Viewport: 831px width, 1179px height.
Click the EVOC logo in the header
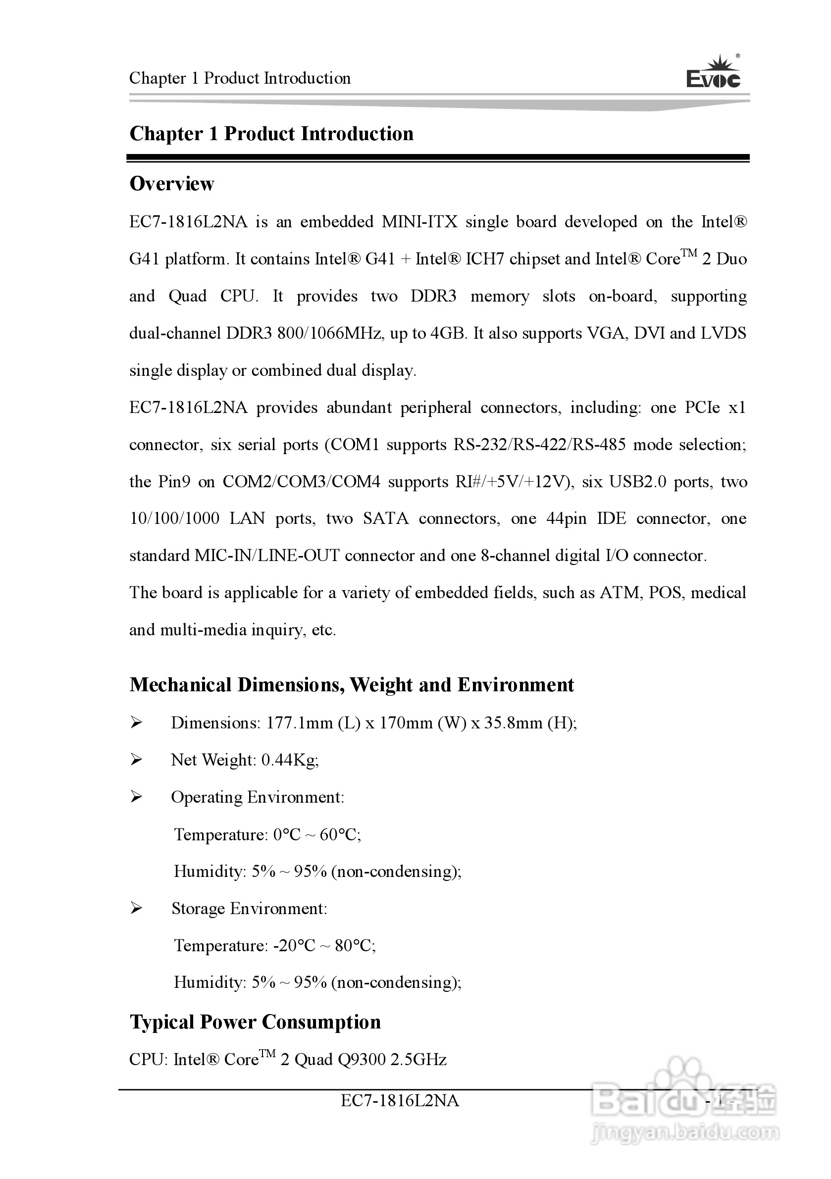[714, 73]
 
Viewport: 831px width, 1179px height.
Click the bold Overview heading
[171, 184]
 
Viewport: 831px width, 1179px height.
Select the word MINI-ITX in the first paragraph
[419, 222]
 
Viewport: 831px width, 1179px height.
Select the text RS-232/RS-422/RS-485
[539, 444]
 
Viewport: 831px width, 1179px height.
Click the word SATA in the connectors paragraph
[386, 518]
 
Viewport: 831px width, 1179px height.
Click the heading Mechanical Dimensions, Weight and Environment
[351, 685]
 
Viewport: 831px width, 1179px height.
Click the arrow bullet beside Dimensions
[136, 723]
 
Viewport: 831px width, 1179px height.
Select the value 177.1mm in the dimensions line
[300, 723]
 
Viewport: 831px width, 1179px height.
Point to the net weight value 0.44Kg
[290, 760]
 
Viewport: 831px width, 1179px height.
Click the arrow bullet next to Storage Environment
[136, 908]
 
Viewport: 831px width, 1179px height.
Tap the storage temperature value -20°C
[294, 945]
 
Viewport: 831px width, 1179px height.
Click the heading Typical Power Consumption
[255, 1022]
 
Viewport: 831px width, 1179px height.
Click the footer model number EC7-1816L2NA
[400, 1100]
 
